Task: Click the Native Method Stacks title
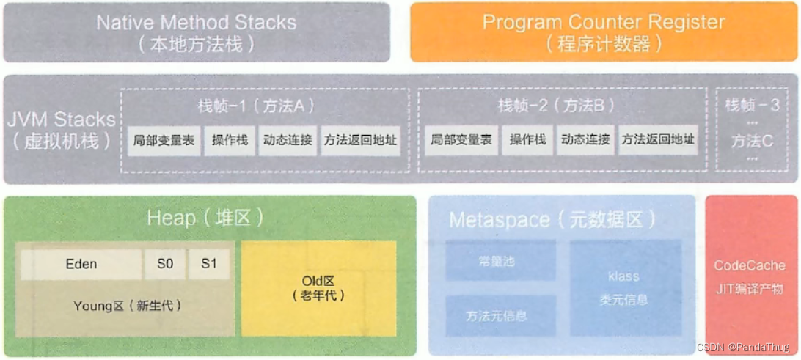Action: (x=196, y=22)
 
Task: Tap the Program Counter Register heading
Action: (x=603, y=22)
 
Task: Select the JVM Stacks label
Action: (x=61, y=120)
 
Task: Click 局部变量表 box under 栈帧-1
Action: (x=164, y=140)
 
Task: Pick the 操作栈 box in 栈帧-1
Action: (x=230, y=140)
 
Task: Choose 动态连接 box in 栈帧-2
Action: (x=585, y=140)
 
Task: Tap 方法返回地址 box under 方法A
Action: (x=360, y=140)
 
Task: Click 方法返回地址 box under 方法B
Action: (x=658, y=140)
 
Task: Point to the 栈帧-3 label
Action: (x=752, y=106)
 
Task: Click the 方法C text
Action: (x=752, y=141)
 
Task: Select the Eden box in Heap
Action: (x=81, y=264)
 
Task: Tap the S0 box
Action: (x=165, y=264)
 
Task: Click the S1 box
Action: (x=209, y=264)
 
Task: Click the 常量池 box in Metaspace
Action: (x=496, y=261)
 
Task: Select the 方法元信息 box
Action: (x=496, y=316)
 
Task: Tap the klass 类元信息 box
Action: (x=623, y=287)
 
